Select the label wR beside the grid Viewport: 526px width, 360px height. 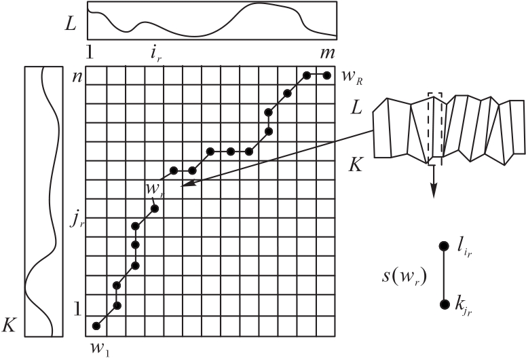[x=352, y=77]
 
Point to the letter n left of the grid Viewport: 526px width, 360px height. [x=77, y=75]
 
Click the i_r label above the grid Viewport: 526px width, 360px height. [x=155, y=53]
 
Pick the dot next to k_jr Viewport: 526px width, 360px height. [x=444, y=305]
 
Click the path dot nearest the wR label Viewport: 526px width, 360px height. [x=327, y=75]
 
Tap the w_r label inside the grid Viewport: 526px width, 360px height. [x=153, y=187]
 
